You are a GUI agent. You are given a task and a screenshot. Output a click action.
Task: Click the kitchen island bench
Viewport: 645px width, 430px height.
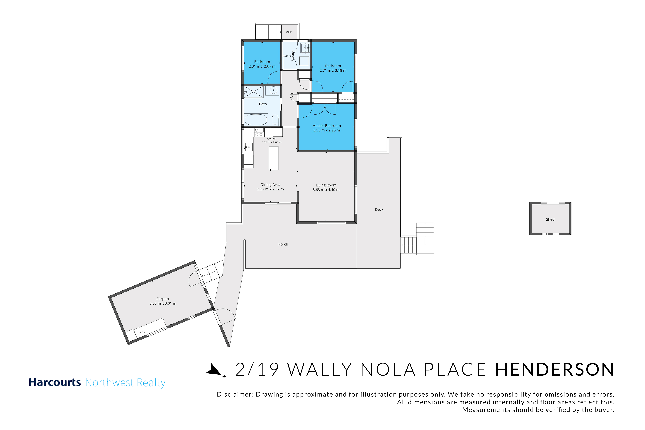click(273, 158)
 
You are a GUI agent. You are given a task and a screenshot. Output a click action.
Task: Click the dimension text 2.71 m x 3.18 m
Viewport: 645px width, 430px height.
click(333, 71)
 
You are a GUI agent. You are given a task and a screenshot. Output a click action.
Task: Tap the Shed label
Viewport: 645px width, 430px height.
click(550, 219)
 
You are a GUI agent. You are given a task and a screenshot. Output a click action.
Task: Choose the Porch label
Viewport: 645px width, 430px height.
click(283, 244)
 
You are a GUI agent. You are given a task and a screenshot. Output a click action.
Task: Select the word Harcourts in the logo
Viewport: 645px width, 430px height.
click(55, 382)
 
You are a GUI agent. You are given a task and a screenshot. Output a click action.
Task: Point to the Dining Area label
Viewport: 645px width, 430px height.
click(270, 185)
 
